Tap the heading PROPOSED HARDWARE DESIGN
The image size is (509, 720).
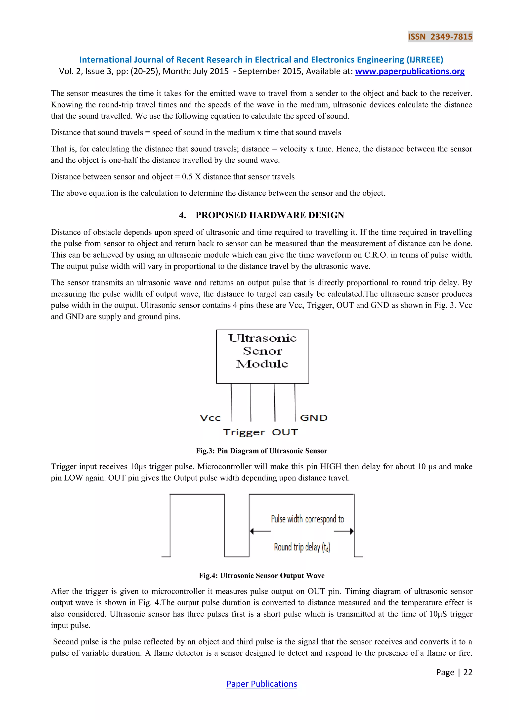(270, 215)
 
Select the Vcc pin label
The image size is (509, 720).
(210, 418)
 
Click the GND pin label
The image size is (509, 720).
(313, 418)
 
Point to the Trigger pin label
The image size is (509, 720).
(244, 432)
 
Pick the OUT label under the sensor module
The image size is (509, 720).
(285, 432)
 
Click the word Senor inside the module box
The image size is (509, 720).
(262, 351)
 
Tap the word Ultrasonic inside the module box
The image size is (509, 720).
(262, 338)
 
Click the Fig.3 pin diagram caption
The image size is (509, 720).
(261, 451)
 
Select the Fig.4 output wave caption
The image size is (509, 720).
(261, 576)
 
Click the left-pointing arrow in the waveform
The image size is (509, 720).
(260, 531)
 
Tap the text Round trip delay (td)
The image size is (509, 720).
(302, 547)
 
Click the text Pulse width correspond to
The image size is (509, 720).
(307, 519)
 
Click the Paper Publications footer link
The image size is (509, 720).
(261, 684)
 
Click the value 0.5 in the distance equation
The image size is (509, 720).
(187, 177)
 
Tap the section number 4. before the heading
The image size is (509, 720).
(182, 215)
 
